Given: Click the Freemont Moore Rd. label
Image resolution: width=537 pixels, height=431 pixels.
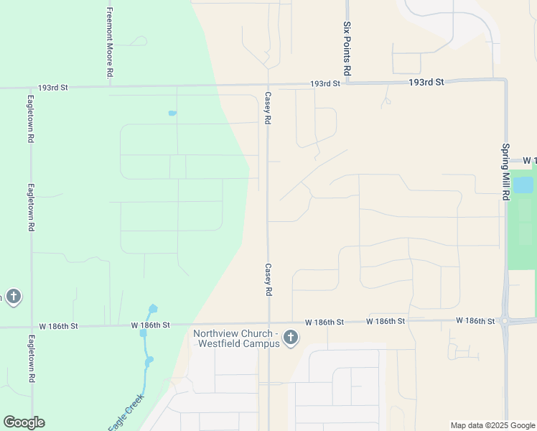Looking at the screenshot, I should (110, 42).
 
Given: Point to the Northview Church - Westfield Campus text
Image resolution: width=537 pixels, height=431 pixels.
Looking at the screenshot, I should (235, 338).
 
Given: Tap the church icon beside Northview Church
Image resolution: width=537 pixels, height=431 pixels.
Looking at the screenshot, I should (291, 338).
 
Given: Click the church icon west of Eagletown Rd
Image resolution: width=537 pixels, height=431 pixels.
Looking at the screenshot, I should (12, 297).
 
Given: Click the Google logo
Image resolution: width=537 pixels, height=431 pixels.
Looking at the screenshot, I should (24, 422).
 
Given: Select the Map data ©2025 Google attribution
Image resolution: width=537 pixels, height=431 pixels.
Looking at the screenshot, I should (493, 425).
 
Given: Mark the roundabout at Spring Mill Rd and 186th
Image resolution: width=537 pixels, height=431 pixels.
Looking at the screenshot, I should (506, 321).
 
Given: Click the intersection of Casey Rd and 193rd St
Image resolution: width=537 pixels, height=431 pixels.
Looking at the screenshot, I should (268, 85).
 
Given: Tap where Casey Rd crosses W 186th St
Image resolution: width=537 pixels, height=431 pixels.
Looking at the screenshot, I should (268, 323).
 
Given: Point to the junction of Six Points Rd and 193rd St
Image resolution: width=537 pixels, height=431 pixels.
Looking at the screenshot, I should (347, 83).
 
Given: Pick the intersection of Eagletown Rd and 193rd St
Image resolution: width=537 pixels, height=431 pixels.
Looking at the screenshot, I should (31, 88).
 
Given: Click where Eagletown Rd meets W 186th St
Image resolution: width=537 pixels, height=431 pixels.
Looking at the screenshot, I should (31, 327).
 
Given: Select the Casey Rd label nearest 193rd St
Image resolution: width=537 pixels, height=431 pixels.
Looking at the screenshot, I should (267, 109).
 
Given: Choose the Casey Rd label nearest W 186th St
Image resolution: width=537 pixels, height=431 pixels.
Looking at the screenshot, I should (268, 279).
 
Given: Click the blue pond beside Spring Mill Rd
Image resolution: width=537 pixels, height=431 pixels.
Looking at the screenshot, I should (523, 185).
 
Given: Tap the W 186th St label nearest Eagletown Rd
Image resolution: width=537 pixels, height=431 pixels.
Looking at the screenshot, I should (59, 326).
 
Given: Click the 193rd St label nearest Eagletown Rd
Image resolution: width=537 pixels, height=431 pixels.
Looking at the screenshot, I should (54, 88).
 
